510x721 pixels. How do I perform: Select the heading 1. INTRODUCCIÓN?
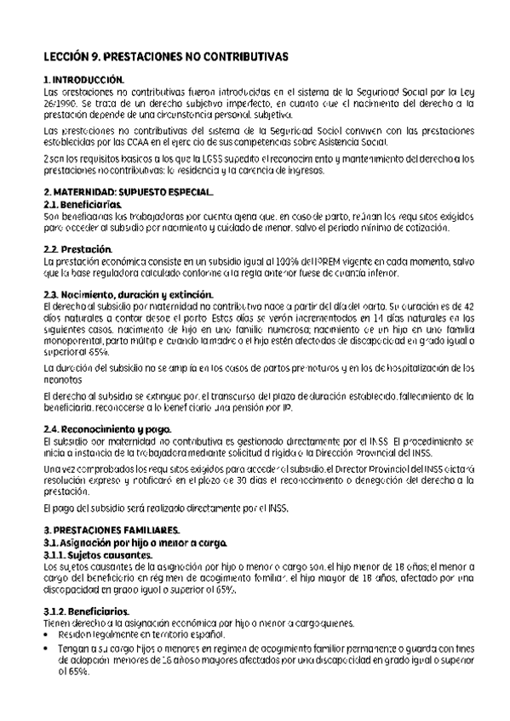(83, 78)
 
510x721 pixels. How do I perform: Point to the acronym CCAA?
(161, 142)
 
